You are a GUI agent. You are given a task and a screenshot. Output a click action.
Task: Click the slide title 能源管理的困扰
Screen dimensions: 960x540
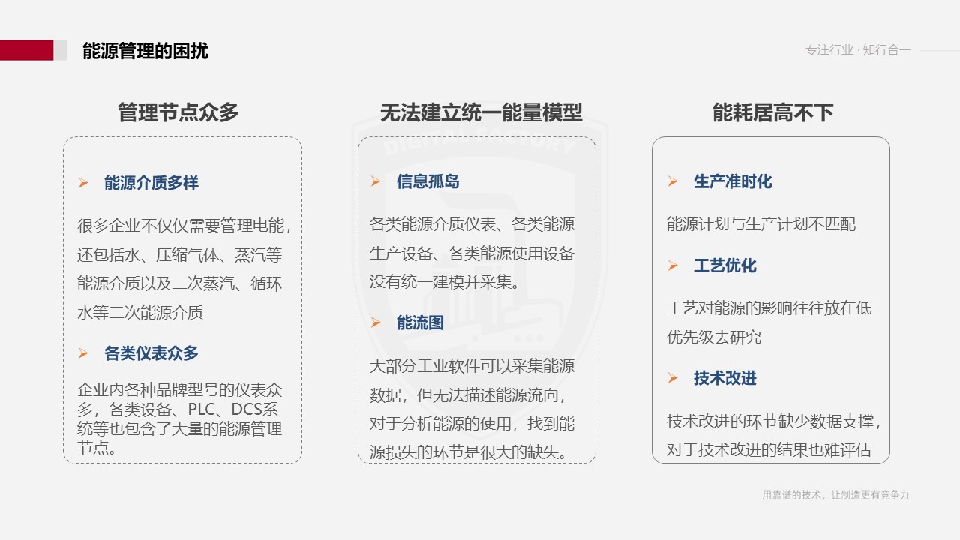coord(145,51)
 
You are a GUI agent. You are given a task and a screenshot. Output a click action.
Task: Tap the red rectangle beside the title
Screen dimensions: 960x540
coord(26,50)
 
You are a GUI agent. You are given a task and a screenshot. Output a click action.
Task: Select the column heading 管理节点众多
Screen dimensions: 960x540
coord(178,112)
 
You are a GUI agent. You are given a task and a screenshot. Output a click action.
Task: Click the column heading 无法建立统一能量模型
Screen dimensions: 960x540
coord(481,112)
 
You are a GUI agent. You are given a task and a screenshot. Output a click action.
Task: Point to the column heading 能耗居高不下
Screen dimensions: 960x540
coord(772,112)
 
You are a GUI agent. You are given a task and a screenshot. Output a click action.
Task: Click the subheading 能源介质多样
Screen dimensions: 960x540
coord(151,183)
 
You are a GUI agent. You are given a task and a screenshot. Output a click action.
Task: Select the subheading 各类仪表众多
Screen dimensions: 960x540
coord(151,353)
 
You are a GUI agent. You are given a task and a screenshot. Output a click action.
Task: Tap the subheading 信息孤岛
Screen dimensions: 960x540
coord(427,181)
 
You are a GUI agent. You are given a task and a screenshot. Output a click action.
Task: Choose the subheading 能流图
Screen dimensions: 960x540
coord(420,322)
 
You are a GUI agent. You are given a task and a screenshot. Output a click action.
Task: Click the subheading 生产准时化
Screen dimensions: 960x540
coord(733,181)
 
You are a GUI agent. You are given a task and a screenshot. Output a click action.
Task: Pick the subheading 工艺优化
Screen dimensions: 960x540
coord(725,265)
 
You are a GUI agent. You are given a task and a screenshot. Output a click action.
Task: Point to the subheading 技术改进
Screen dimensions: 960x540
coord(725,378)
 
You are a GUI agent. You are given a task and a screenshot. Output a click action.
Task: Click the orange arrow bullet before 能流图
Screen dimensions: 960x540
coord(376,322)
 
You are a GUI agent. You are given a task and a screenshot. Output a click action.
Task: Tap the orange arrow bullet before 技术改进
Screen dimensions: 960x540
coord(673,377)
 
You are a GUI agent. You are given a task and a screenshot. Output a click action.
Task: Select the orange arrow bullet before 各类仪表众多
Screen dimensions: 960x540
coord(83,352)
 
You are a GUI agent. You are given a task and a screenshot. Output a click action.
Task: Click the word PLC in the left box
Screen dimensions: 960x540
coord(202,409)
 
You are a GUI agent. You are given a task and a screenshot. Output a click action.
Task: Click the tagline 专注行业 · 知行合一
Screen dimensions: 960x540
coord(858,50)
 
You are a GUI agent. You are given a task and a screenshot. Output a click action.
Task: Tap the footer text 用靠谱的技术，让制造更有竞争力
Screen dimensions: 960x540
coord(835,495)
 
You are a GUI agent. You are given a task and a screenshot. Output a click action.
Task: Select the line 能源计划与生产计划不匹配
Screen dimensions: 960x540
coord(761,224)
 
